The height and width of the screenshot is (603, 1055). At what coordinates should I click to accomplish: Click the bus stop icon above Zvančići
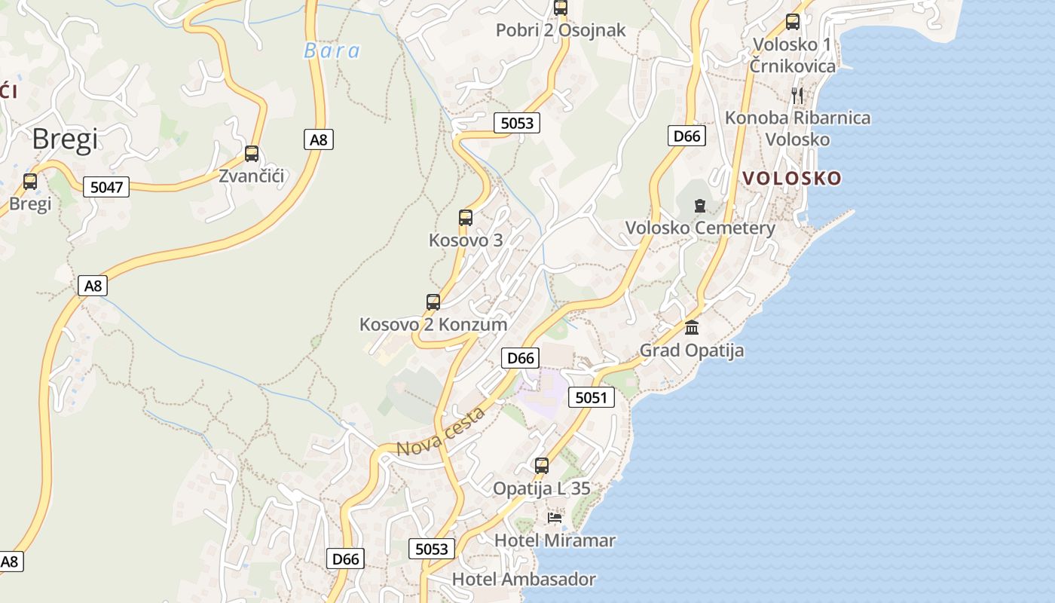252,154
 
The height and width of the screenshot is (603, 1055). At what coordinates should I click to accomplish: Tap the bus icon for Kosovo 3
466,218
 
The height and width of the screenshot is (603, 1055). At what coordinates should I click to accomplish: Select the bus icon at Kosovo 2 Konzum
433,302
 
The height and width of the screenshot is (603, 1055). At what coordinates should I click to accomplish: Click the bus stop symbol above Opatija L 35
542,466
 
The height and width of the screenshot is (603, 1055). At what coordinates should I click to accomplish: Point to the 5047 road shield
106,187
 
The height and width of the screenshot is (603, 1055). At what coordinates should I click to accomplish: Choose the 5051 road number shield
591,397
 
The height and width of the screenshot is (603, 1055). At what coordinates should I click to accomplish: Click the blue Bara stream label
332,51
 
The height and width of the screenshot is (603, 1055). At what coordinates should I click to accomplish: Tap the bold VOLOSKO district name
792,179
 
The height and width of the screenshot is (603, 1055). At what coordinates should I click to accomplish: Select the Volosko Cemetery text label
700,228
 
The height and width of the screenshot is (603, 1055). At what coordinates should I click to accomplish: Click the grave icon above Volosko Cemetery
700,205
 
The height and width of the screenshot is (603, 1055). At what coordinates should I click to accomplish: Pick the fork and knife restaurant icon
797,95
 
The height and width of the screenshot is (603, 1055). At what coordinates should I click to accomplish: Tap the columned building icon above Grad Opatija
692,328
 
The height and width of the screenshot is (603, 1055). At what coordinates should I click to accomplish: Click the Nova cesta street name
440,432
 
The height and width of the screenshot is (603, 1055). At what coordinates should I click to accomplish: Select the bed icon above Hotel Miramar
555,518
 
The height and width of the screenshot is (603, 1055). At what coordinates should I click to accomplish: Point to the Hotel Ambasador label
524,580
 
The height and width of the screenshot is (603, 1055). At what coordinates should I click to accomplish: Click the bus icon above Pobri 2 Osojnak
561,8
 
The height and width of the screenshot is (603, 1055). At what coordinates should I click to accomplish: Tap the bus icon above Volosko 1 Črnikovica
793,22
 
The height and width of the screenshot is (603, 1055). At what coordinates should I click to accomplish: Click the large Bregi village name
66,139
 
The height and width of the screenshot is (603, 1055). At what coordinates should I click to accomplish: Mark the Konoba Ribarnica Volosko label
797,128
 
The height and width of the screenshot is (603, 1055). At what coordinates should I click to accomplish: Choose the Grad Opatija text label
692,350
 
